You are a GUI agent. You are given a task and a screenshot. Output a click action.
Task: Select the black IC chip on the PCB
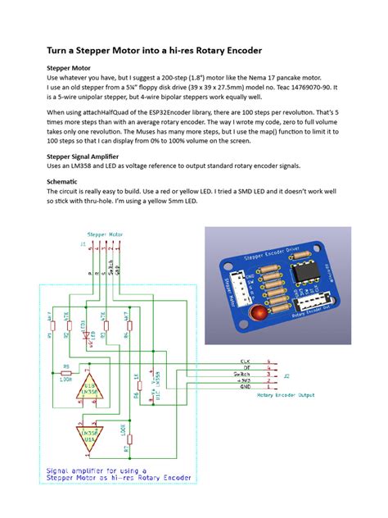coord(300,271)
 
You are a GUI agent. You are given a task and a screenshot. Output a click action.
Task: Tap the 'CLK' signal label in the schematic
coord(245,359)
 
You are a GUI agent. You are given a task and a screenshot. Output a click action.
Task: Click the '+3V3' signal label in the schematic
coord(246,381)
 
